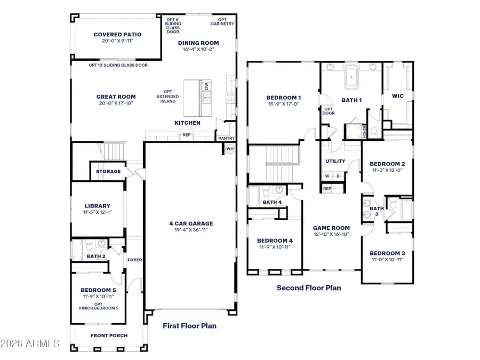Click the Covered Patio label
[117, 35]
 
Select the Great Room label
[116, 97]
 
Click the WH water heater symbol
[230, 149]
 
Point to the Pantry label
[223, 138]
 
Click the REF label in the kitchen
[187, 135]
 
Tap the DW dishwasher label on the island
[206, 85]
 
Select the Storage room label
[108, 171]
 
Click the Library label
[98, 206]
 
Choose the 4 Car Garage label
[190, 223]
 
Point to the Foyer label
[134, 260]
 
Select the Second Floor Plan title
[308, 288]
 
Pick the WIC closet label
[397, 97]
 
